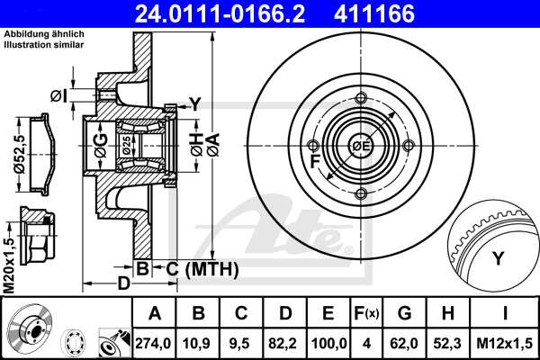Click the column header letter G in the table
point(405,313)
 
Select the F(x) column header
point(366,313)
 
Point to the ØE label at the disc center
point(361,146)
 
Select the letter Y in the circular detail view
point(497,259)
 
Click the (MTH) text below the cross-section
point(211,267)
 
